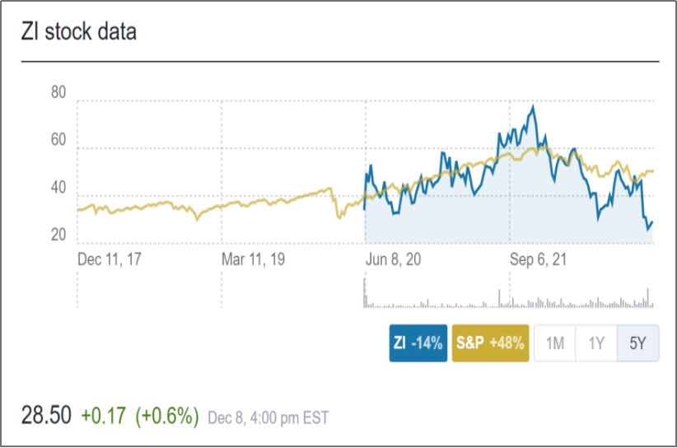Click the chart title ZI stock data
[x=79, y=33]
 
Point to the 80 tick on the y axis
[x=58, y=92]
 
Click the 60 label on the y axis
[x=58, y=140]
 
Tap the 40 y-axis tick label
[x=58, y=188]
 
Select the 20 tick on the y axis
[x=58, y=236]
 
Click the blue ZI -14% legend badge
[x=418, y=343]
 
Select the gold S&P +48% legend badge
[x=490, y=343]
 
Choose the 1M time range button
[x=555, y=343]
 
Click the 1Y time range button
[x=597, y=343]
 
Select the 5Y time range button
[x=638, y=343]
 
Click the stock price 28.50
[x=46, y=416]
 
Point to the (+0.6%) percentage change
[x=166, y=416]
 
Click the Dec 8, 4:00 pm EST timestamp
[x=268, y=418]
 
